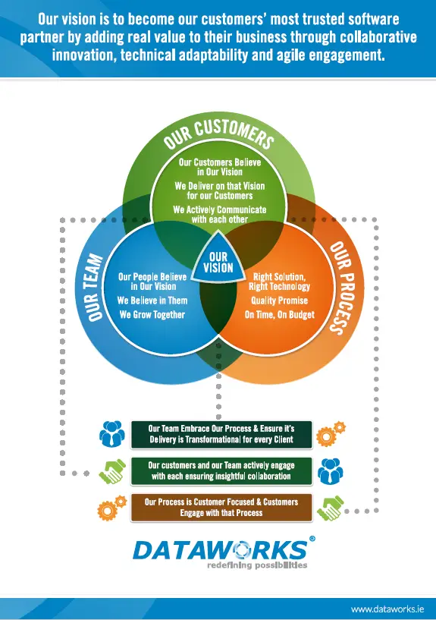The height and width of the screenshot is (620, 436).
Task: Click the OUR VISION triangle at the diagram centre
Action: coord(218,260)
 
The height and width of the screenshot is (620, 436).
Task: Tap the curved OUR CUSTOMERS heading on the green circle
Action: coord(218,133)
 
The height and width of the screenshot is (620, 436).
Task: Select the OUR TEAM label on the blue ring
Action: coord(94,287)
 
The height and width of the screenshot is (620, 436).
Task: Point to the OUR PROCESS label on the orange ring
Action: coord(342,288)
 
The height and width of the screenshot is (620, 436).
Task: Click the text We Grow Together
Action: coord(152,315)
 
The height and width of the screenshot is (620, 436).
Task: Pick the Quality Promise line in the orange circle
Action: coord(279,301)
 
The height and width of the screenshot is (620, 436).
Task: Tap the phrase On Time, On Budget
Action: coord(280,315)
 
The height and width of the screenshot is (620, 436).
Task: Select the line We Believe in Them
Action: coord(152,301)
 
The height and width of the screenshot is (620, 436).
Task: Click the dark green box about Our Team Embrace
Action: coord(221,434)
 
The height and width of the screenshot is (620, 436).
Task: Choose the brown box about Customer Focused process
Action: coord(221,508)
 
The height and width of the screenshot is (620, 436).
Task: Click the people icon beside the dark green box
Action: coord(112,434)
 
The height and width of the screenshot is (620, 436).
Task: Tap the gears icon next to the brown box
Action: coord(112,508)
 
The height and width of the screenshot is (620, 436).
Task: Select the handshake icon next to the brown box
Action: coord(330,508)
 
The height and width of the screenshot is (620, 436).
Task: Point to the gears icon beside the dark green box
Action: coord(331,434)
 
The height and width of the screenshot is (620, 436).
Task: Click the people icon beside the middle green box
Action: coord(331,471)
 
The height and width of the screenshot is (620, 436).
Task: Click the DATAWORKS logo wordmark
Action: coord(220,549)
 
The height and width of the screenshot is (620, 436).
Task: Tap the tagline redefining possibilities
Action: coord(257,565)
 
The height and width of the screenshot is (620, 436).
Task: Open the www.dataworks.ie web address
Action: coord(387,609)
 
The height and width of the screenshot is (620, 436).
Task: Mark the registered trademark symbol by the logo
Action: coord(312,539)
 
